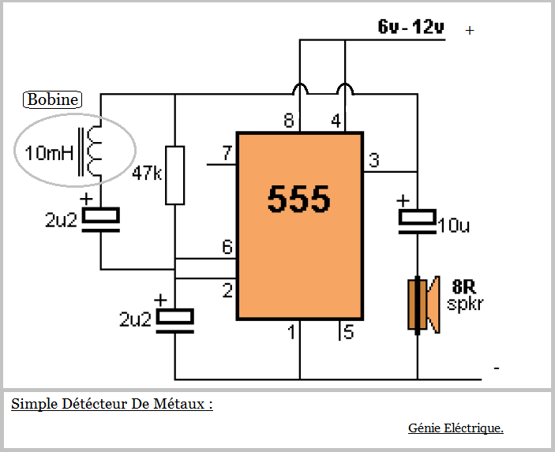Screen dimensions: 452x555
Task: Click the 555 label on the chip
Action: [x=298, y=200]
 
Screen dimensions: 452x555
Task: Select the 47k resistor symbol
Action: [x=174, y=175]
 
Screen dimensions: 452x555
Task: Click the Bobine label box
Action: [x=53, y=99]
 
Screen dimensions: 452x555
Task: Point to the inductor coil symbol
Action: [x=94, y=152]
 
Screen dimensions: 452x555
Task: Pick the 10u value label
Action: [x=453, y=226]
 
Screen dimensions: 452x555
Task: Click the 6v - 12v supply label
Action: [x=411, y=28]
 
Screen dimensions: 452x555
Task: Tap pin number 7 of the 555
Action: [x=227, y=153]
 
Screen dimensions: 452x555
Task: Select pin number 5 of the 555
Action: [x=348, y=332]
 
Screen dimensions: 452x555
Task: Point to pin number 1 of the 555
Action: [x=291, y=332]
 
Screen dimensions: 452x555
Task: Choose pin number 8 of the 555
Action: [x=290, y=121]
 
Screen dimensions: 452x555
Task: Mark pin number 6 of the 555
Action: [x=227, y=248]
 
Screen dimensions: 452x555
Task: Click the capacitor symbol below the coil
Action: [x=101, y=219]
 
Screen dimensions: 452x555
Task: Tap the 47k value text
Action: [x=148, y=173]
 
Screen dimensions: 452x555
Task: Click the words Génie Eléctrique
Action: [x=456, y=428]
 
